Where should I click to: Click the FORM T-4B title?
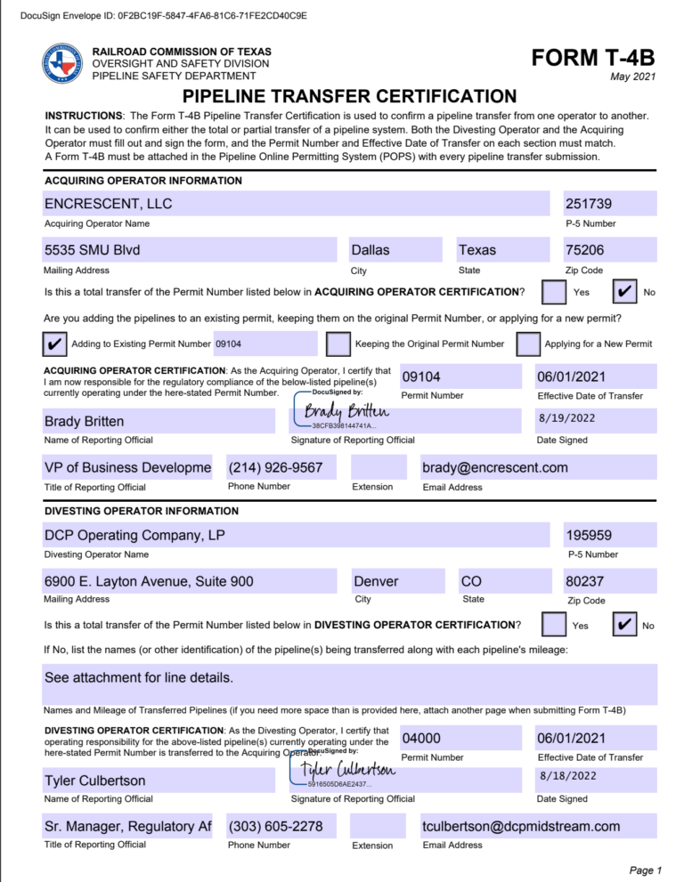click(x=592, y=59)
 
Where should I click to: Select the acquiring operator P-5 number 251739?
click(x=610, y=204)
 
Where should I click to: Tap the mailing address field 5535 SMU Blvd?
click(x=190, y=250)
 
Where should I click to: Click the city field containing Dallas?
click(x=396, y=250)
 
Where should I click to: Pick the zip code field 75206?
click(x=610, y=250)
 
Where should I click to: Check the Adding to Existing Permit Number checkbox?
click(x=54, y=344)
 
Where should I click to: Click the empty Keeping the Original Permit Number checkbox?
click(x=338, y=344)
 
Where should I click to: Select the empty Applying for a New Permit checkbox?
click(x=528, y=344)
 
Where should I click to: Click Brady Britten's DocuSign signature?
click(x=346, y=410)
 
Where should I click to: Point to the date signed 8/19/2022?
click(x=596, y=418)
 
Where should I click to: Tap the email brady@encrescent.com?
click(x=538, y=467)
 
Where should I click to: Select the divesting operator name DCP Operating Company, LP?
click(x=297, y=535)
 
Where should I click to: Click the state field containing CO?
click(x=495, y=581)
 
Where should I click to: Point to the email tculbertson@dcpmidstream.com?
click(x=538, y=827)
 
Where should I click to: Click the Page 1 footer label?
click(x=646, y=870)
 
